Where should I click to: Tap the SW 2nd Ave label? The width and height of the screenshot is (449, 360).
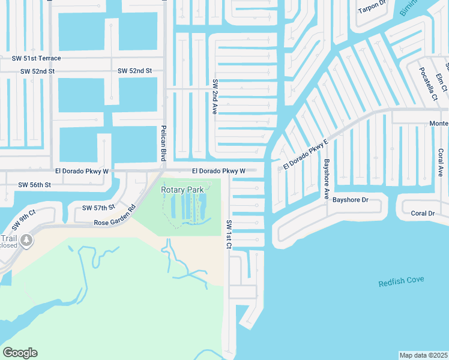pos(214,96)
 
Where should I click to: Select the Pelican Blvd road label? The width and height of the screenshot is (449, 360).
pos(163,143)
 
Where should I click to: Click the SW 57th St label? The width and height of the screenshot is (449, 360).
pos(98,208)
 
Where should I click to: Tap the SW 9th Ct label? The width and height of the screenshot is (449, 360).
pos(25,218)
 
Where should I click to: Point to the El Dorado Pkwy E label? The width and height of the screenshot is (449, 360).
pos(305,154)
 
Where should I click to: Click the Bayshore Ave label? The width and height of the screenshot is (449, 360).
pos(327,179)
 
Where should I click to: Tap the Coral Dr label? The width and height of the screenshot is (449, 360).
pos(423,213)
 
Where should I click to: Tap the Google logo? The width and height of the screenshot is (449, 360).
pos(20,353)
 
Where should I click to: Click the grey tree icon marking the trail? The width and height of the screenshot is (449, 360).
pos(26,241)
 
